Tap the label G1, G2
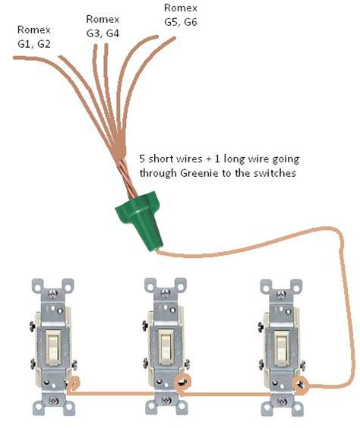34,44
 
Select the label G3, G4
103,33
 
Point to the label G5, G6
181,22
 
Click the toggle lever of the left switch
52,348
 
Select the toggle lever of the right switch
282,348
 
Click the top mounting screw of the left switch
52,294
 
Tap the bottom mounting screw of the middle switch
166,401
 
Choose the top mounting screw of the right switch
281,294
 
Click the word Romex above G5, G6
181,8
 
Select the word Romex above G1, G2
34,30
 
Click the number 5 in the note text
142,159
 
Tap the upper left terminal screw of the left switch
33,326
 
